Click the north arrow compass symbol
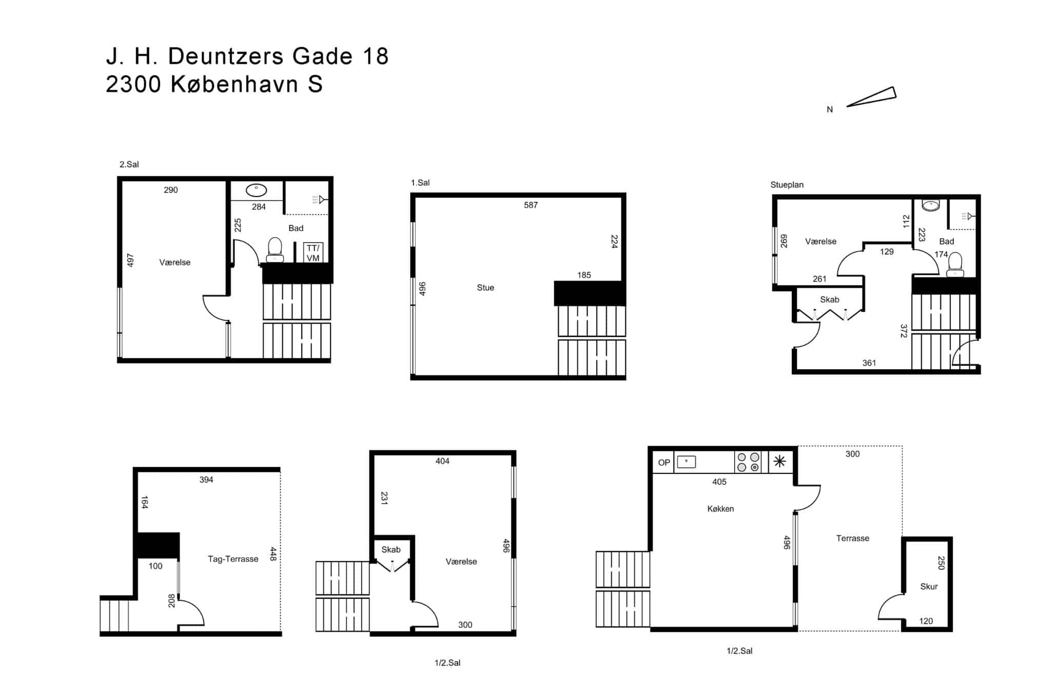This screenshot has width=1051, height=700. (872, 96)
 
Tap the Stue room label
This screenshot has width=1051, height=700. (485, 288)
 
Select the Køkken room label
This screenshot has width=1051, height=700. (721, 509)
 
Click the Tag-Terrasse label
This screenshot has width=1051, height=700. (233, 559)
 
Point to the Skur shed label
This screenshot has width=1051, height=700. (929, 587)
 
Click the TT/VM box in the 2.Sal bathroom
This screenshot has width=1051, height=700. (313, 253)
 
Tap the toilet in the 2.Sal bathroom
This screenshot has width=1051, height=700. (275, 250)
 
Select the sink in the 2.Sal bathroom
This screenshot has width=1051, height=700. (256, 190)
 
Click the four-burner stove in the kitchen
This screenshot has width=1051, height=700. (748, 462)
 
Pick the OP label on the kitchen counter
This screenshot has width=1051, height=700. (664, 463)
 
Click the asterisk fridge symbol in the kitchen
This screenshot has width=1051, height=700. (780, 462)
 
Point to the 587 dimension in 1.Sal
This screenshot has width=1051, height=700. (531, 205)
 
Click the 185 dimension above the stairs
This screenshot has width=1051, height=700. (584, 275)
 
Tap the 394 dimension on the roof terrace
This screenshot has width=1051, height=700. (206, 479)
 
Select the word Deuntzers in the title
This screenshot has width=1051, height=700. (225, 56)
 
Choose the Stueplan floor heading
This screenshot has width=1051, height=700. (787, 185)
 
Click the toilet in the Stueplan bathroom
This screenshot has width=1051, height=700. (955, 265)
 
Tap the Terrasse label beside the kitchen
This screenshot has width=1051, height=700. (852, 538)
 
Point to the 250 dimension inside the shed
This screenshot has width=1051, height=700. (941, 563)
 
